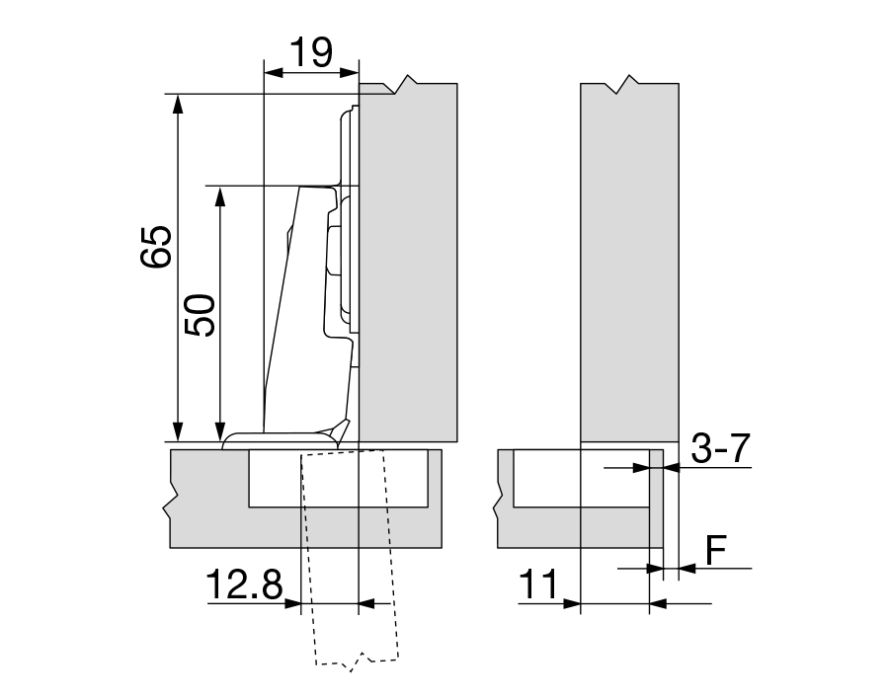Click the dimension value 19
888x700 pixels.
tap(311, 52)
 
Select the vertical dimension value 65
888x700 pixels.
tap(156, 247)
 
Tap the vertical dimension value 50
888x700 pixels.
tap(200, 315)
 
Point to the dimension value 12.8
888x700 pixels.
tap(244, 584)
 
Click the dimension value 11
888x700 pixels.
tap(538, 584)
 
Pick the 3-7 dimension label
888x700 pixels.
tap(721, 448)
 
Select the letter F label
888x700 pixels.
tap(716, 550)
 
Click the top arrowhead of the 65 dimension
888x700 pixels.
tap(178, 104)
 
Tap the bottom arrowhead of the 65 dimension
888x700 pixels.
tap(178, 431)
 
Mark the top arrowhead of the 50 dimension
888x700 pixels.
tap(221, 196)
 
